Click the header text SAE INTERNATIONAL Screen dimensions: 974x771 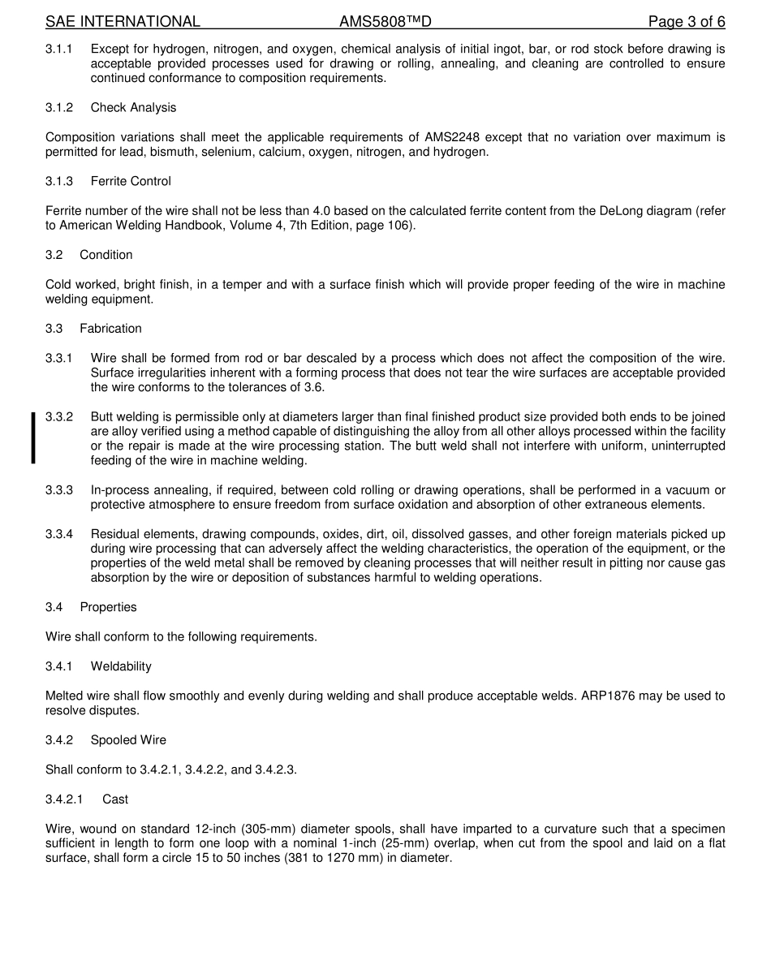tap(123, 22)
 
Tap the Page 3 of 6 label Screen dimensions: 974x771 tap(687, 22)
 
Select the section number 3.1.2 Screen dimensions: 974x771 tap(59, 108)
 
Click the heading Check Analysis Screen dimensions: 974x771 tap(133, 108)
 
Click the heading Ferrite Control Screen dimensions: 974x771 tap(131, 181)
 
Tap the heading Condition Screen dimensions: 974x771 tap(106, 255)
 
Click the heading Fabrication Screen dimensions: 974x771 tap(110, 329)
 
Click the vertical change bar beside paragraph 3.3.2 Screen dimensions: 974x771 tap(33, 438)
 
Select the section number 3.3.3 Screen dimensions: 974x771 tap(59, 490)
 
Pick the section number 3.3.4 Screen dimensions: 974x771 tap(59, 534)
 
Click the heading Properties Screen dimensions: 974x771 tap(108, 607)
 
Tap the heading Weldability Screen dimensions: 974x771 tap(121, 666)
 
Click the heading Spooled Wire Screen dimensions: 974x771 tap(128, 740)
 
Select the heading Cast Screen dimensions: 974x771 tap(115, 799)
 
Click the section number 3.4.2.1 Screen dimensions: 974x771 tap(64, 799)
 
